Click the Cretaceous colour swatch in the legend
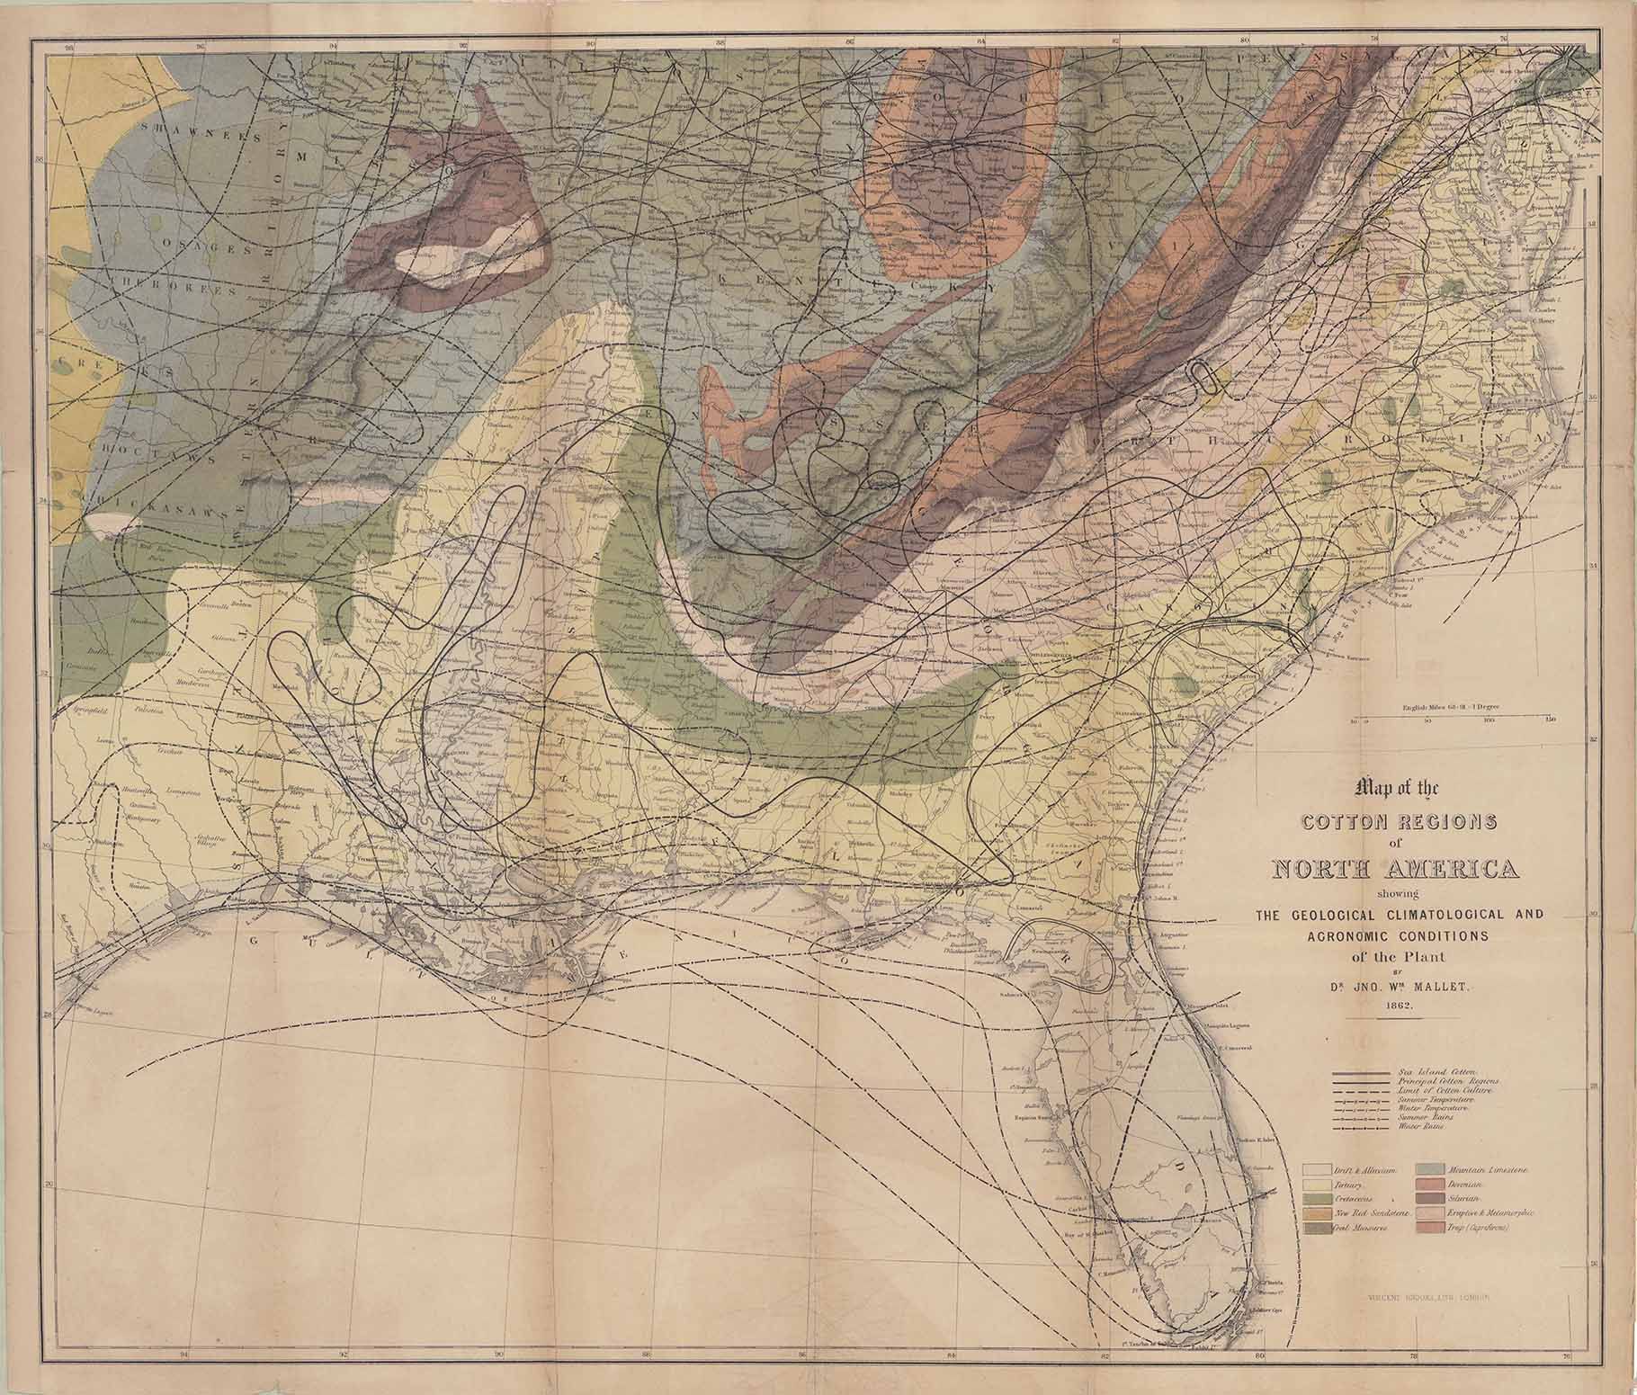[x=1315, y=1199]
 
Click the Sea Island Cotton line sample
[x=1362, y=1074]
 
